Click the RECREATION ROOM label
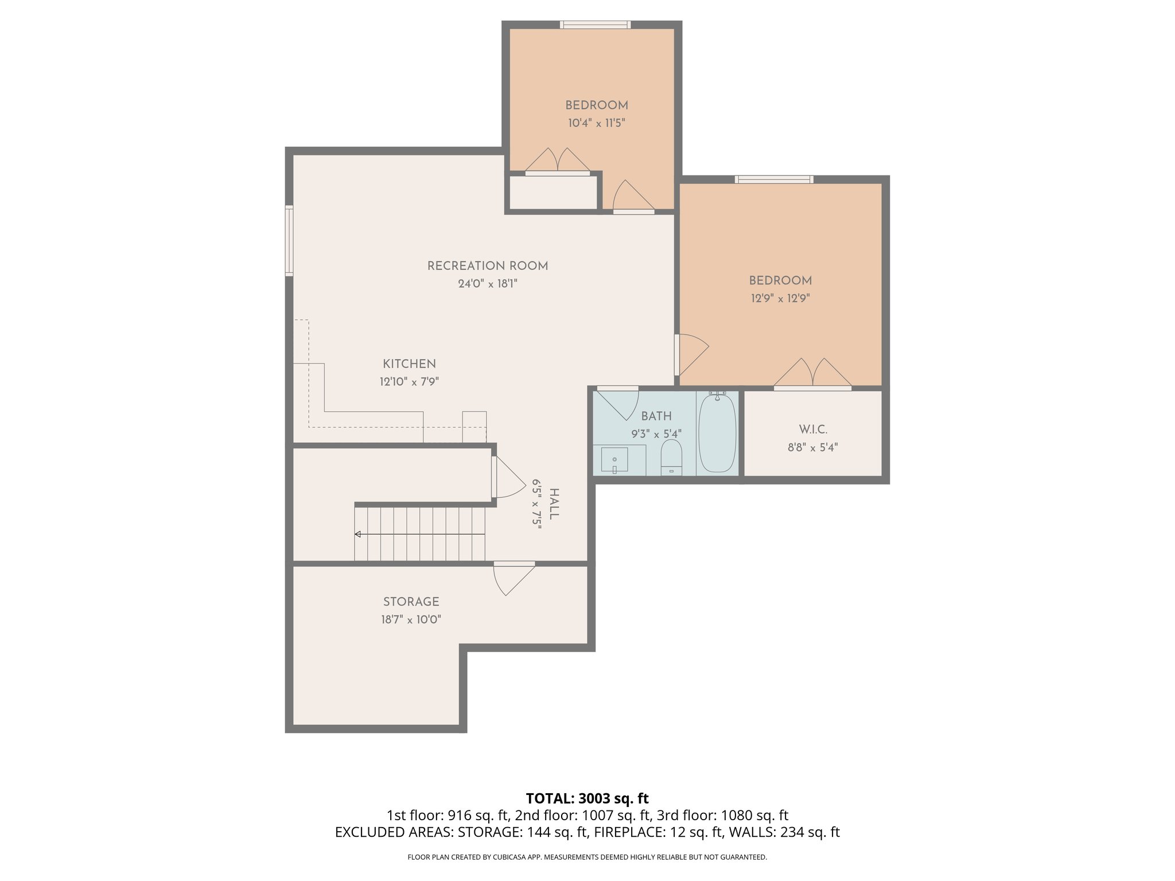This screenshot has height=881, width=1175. coord(487,266)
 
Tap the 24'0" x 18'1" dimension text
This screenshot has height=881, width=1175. coord(487,284)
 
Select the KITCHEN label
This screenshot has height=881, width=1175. coord(409,364)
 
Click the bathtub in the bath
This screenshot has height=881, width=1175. coord(717,433)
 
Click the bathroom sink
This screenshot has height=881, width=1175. coord(614,460)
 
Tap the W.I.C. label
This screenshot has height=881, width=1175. coord(812,430)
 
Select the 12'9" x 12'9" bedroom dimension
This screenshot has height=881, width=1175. coord(780,299)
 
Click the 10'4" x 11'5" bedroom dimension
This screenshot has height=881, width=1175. coord(596,123)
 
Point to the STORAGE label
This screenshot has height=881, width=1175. coord(411,602)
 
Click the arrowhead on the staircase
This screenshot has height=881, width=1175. coord(358,535)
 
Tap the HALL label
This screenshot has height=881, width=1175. coord(554,504)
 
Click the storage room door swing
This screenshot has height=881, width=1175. coord(512,579)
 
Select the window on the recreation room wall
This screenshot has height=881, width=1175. coord(289,241)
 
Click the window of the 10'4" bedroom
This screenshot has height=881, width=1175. coord(595,25)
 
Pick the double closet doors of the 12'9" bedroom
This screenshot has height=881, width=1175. coord(812,374)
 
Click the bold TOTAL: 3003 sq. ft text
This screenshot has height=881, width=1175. coord(587,798)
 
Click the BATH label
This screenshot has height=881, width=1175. coord(656,416)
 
